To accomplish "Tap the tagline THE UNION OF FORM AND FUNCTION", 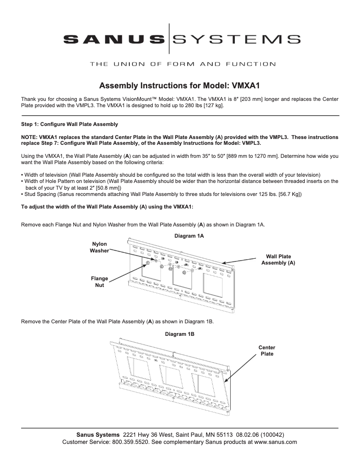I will pos(183,64).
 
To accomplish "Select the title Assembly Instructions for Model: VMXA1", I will pos(180,85).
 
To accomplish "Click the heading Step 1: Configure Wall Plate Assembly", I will pos(70,124).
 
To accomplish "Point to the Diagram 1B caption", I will pos(180,334).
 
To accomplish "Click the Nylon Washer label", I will pos(99,248).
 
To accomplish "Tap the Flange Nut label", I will pos(99,282).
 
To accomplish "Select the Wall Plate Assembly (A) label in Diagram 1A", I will pos(278,260).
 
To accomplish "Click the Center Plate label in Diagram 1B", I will pos(267,351).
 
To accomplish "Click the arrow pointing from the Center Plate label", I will pos(240,368).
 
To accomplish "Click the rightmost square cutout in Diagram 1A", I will pos(213,284).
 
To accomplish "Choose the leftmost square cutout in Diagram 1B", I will pos(139,369).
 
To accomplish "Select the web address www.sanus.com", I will pos(276,442).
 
